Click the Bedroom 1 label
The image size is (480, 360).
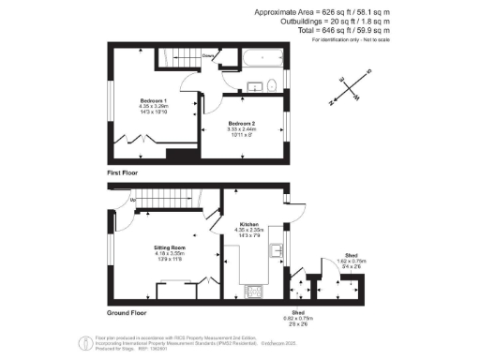[154, 100]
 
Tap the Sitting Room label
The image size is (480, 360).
[170, 247]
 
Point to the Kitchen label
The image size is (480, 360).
[248, 225]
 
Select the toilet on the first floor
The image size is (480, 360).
[271, 87]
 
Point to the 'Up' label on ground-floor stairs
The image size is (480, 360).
[133, 200]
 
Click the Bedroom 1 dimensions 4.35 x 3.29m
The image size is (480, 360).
[154, 107]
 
